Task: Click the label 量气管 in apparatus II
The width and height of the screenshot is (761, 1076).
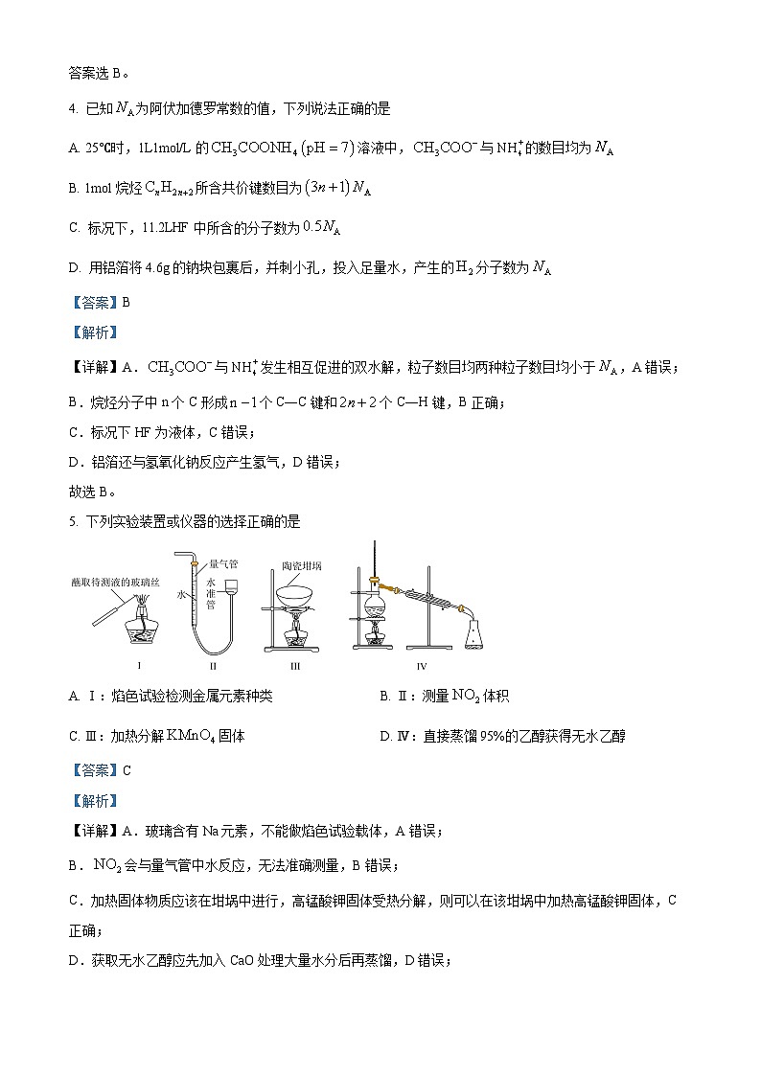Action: pos(222,564)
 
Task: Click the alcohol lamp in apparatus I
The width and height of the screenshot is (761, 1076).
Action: pos(142,633)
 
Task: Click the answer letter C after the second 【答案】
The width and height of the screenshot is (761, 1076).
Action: pos(126,769)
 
